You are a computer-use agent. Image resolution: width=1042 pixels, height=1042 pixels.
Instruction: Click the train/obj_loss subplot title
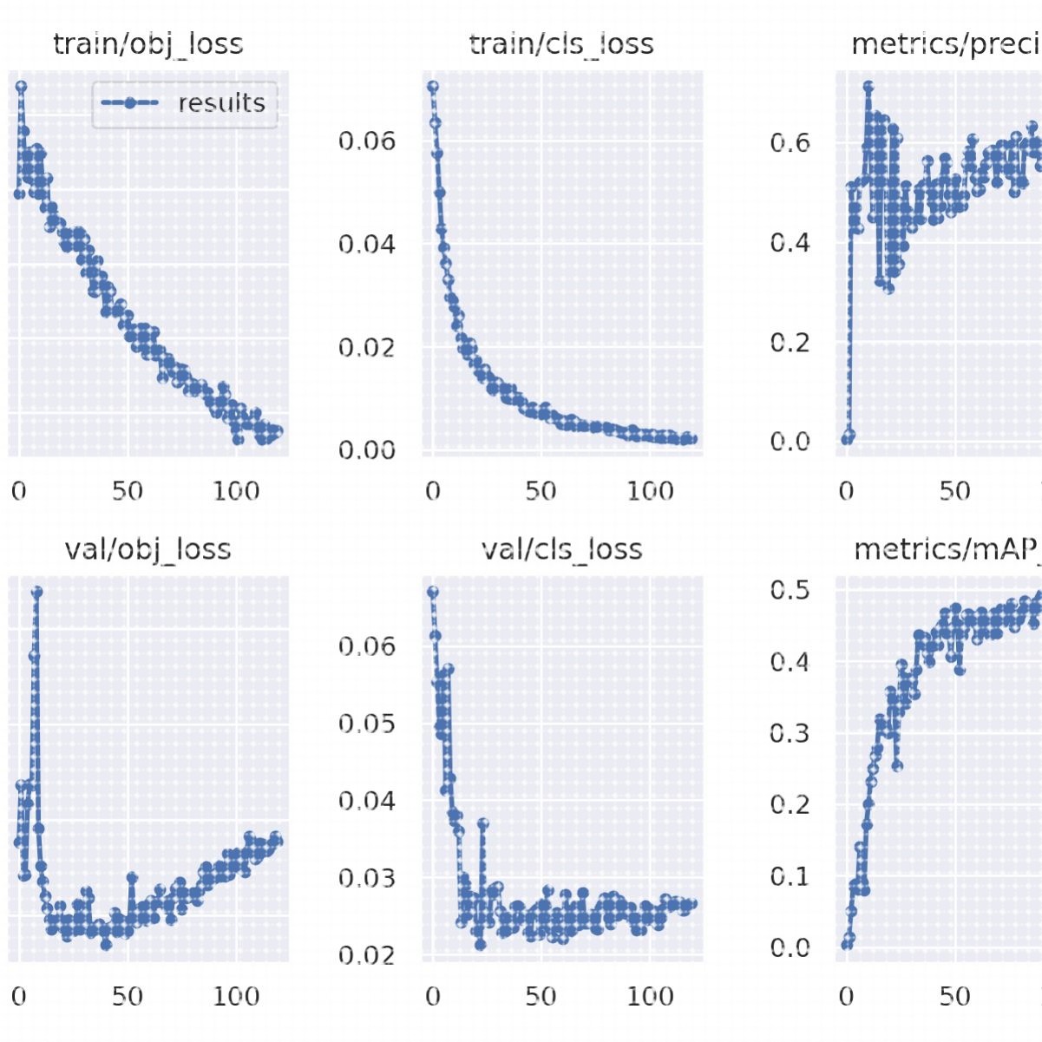tap(147, 44)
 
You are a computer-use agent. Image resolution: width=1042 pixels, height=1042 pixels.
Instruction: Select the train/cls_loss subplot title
tap(561, 44)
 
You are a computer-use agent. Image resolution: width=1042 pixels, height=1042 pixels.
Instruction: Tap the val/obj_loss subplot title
tap(147, 549)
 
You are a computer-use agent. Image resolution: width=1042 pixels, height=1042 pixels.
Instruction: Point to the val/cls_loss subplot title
tap(561, 549)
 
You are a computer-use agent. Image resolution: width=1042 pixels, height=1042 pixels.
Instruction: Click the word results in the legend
tap(221, 103)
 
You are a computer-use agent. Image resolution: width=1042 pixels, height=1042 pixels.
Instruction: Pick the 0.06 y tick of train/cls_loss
tap(366, 141)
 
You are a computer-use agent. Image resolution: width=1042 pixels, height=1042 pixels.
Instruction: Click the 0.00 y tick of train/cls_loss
tap(366, 450)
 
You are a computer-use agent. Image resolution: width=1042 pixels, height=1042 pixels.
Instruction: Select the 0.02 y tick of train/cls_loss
tap(366, 348)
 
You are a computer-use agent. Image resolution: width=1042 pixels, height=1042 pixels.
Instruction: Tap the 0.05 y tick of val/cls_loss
tap(366, 724)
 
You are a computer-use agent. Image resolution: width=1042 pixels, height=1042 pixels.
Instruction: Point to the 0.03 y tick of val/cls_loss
tap(366, 878)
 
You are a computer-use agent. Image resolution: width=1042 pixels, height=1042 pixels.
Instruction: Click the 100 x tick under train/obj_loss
tap(236, 492)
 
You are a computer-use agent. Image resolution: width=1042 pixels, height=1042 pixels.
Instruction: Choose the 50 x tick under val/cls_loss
tap(541, 996)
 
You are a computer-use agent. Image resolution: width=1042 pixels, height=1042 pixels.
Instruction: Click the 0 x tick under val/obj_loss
tap(19, 996)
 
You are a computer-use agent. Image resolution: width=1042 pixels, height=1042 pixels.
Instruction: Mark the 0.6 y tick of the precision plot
tap(790, 142)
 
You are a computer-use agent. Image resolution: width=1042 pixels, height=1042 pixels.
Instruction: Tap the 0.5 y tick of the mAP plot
tap(790, 590)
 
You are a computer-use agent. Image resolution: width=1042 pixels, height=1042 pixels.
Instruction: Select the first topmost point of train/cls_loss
tap(432, 86)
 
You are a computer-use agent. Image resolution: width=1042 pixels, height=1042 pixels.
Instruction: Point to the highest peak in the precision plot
tap(868, 86)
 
